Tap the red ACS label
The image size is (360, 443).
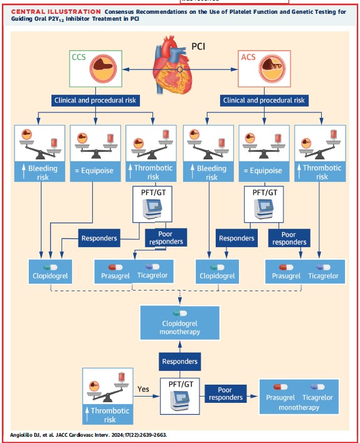tap(248, 58)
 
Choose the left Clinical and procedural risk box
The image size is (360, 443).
tap(95, 100)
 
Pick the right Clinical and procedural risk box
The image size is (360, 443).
tap(265, 100)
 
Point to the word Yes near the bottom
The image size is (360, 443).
tap(144, 389)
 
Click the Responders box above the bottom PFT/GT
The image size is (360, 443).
tap(181, 361)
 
